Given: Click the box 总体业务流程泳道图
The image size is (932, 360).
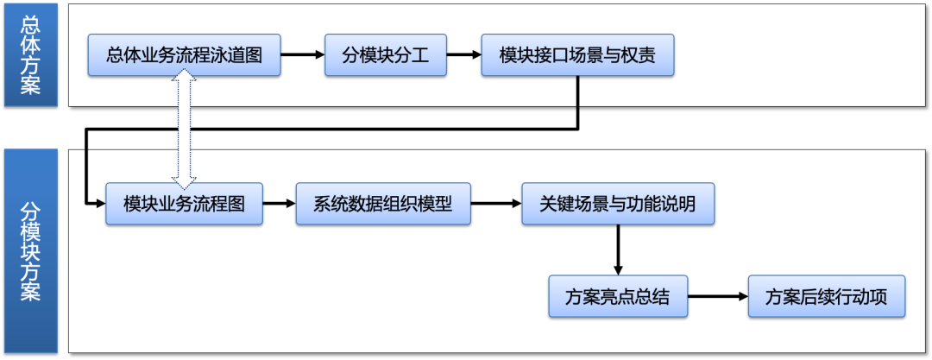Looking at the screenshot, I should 186,55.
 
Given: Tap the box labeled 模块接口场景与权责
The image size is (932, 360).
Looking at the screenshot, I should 576,55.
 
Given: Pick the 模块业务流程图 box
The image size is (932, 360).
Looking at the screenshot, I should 184,204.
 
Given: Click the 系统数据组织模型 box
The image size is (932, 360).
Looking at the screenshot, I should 383,204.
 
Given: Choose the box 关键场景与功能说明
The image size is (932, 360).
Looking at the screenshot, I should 618,204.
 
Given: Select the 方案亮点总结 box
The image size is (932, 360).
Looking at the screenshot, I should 618,296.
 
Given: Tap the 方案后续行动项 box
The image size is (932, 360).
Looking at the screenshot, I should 827,296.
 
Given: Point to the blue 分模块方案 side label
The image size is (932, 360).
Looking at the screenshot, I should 30,250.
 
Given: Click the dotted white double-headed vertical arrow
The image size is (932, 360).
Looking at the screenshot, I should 184,129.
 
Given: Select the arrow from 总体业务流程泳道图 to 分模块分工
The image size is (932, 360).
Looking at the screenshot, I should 304,55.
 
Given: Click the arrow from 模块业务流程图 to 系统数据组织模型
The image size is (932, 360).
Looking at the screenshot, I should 279,205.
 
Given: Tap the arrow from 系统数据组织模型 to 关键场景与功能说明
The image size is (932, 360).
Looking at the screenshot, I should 496,205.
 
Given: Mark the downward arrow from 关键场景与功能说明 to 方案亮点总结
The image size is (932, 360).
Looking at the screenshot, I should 618,250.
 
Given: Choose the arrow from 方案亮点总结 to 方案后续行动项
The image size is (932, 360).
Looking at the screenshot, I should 717,296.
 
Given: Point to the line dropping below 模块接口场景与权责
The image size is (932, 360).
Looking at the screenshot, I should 577,92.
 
